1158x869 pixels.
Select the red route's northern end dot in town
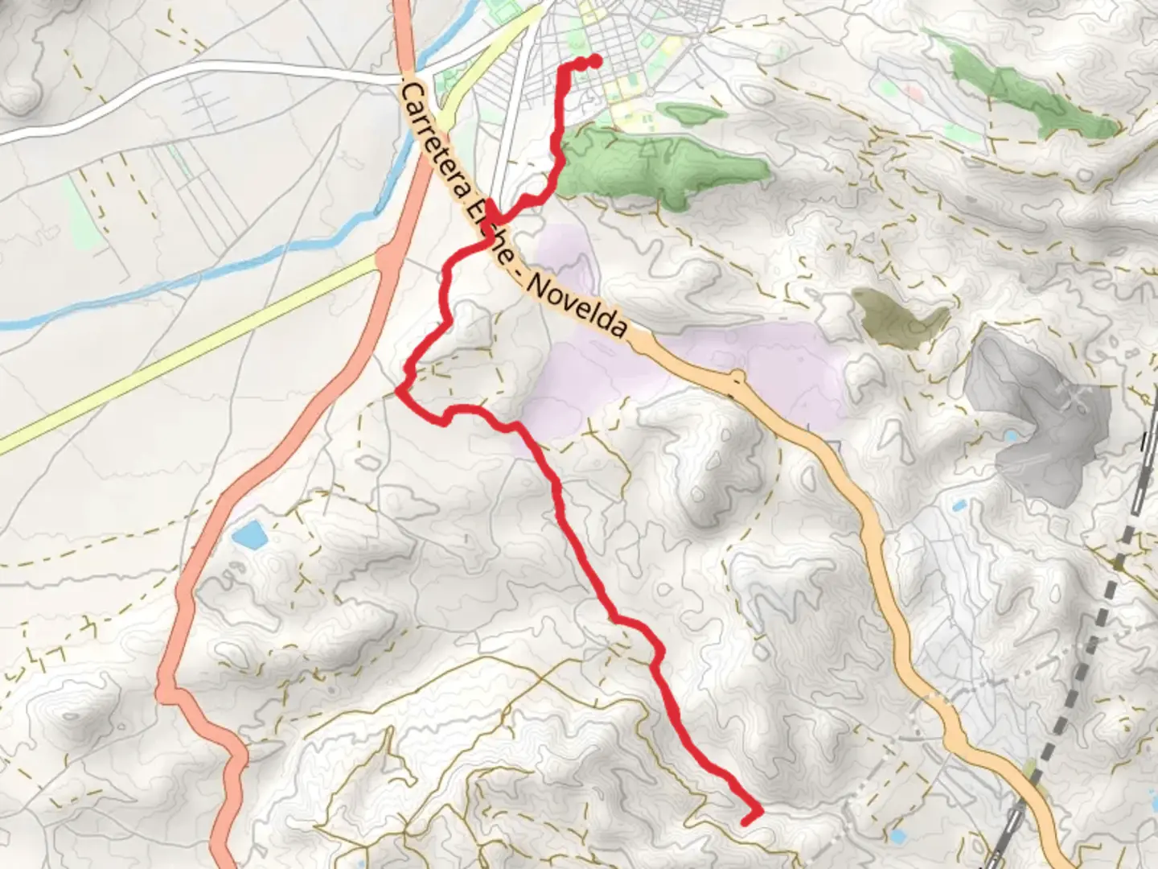coord(596,61)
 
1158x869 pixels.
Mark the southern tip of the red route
coord(746,820)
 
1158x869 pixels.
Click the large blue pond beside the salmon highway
coord(248,534)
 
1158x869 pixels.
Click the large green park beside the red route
coord(659,165)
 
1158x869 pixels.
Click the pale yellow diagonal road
coord(185,354)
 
